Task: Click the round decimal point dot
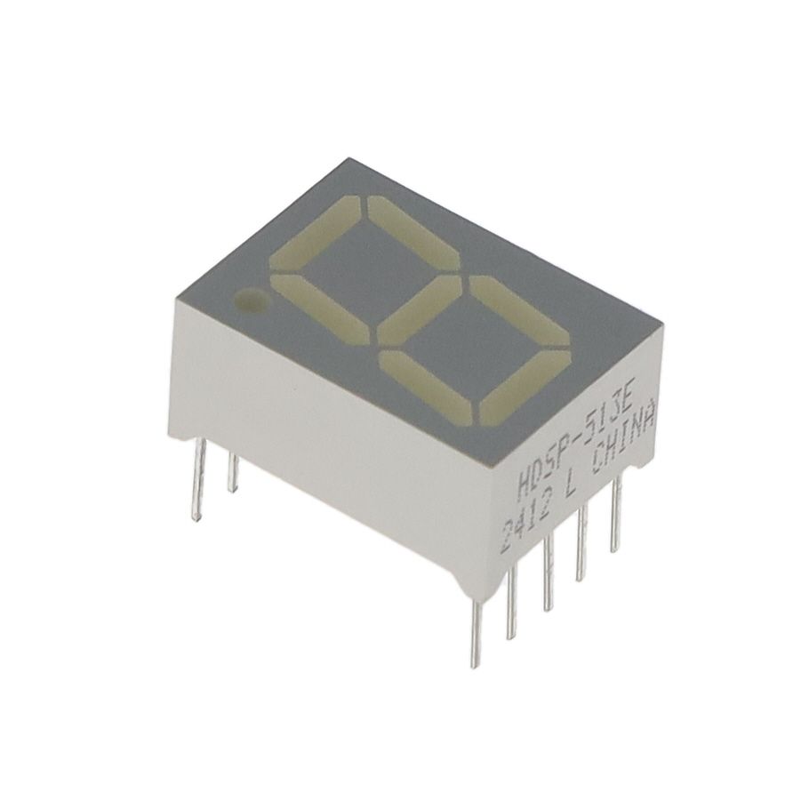[250, 300]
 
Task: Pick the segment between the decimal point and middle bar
[320, 310]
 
